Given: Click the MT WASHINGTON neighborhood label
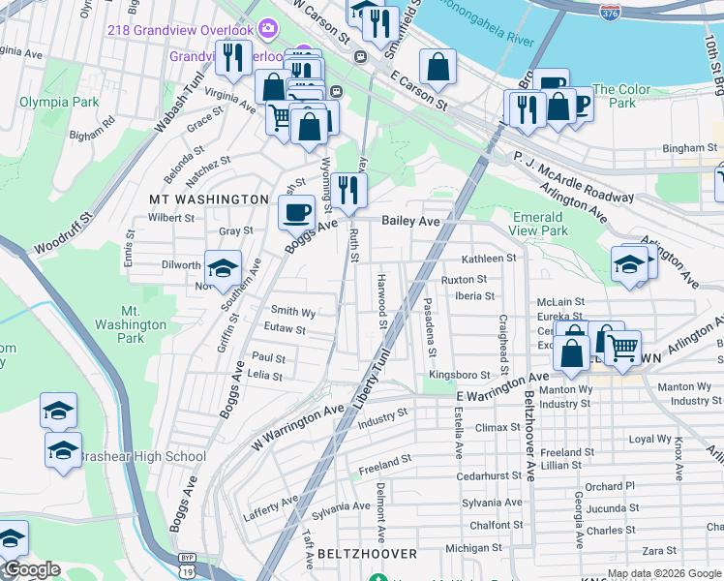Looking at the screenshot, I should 208,199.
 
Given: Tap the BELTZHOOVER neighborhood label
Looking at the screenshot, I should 367,554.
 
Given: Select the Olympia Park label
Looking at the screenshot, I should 59,102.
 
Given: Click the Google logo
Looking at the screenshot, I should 32,570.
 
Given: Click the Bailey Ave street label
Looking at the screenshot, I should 410,221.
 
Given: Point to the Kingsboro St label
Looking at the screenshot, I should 460,374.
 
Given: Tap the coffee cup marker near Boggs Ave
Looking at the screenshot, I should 297,212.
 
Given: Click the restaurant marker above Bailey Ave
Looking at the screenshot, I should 348,188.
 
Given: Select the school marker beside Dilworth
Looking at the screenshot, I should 223,268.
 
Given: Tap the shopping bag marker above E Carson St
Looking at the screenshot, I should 438,67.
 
